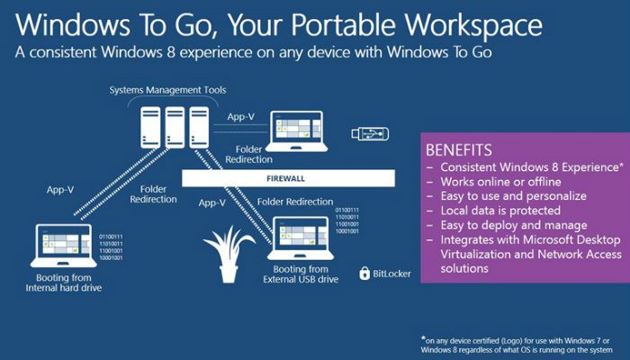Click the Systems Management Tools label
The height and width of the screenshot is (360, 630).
pos(166,90)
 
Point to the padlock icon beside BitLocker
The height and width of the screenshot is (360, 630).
pos(364,273)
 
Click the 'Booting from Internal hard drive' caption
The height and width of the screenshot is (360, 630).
pos(63,282)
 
